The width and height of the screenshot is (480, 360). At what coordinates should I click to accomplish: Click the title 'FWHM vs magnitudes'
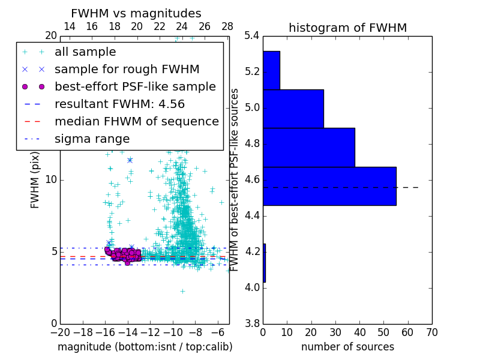136,14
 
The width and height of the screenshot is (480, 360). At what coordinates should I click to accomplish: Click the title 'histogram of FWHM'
347,28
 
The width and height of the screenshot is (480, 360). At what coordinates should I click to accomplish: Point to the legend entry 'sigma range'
92,139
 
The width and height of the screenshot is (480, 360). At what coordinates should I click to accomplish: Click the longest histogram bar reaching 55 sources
329,186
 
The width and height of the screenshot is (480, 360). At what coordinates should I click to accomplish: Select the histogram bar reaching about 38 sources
308,147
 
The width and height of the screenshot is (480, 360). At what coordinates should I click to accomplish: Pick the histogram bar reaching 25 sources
293,109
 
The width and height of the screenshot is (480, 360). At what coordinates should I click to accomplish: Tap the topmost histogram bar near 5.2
271,70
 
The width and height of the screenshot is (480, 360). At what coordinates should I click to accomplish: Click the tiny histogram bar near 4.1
264,263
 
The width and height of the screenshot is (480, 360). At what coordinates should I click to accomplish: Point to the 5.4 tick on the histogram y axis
251,36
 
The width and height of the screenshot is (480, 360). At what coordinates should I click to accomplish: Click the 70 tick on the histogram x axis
431,332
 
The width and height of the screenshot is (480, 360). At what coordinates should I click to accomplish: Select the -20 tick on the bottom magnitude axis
60,332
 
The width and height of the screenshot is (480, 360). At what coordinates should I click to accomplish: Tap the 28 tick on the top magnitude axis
227,26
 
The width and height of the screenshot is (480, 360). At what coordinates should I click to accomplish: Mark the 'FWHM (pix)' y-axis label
35,179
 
